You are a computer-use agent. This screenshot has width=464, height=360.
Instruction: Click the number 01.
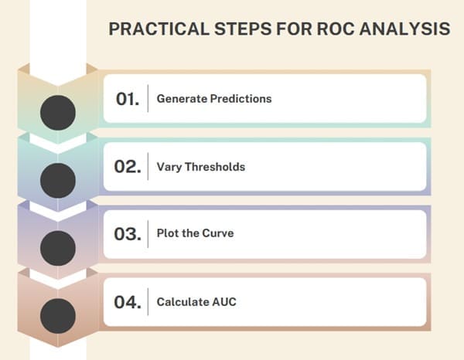coord(128,99)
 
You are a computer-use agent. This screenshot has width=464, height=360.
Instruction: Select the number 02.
coord(128,167)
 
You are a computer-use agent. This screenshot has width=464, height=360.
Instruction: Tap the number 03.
coord(128,234)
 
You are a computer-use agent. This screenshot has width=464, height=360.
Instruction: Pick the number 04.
coord(128,302)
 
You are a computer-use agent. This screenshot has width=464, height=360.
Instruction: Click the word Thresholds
coord(216,167)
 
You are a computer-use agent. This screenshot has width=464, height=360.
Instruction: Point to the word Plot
coord(168,234)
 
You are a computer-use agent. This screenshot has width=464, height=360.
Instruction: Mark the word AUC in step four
coord(225,302)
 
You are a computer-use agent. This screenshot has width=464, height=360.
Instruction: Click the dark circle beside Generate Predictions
coord(57,113)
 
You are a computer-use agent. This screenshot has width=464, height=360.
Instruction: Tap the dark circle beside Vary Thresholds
coord(57,180)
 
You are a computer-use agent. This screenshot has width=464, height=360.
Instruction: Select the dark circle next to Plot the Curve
coord(57,248)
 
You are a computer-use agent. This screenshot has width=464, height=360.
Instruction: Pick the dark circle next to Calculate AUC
coord(57,316)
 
